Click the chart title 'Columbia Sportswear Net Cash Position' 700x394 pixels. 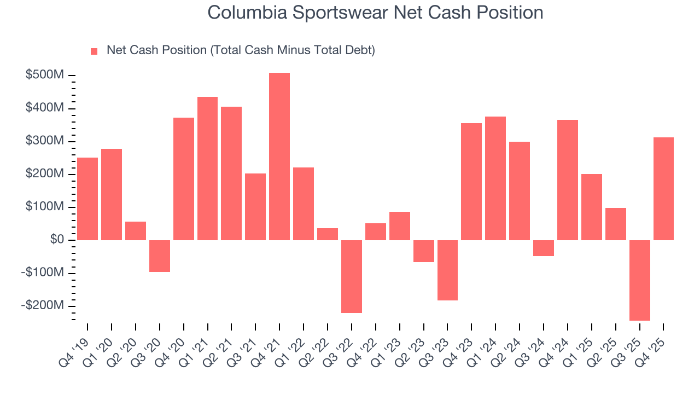375,13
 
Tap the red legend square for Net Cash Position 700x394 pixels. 94,51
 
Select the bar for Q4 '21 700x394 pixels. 279,157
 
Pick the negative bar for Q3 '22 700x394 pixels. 352,276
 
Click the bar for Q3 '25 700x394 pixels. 640,280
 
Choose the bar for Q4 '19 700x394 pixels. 87,199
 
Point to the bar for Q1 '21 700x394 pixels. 207,169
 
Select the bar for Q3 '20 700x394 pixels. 160,256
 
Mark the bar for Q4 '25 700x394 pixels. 663,189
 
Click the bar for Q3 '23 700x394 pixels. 447,270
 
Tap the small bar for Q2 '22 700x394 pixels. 328,234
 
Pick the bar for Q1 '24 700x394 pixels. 495,178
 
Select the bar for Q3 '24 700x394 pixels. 544,248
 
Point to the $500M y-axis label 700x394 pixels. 45,75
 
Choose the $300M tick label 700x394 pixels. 45,141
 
